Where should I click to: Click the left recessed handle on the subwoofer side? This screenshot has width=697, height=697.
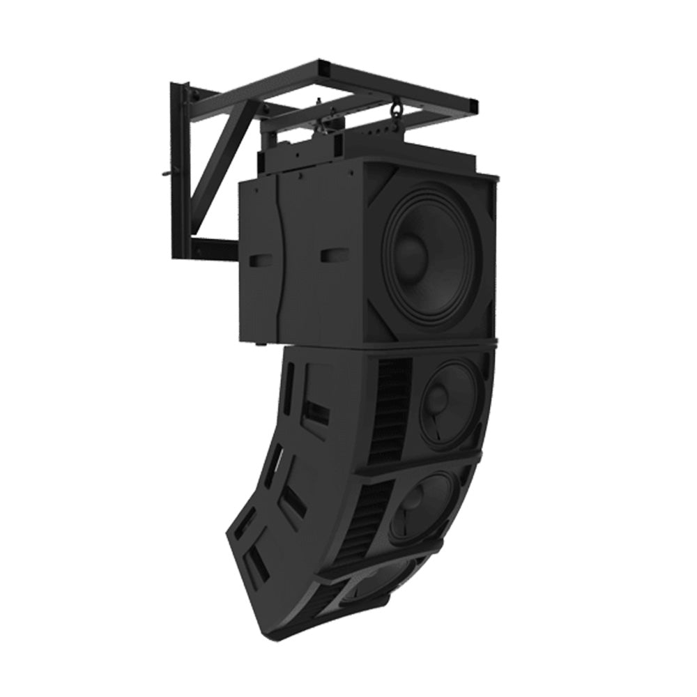point(260,260)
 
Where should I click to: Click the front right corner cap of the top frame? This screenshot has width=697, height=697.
point(473,105)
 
